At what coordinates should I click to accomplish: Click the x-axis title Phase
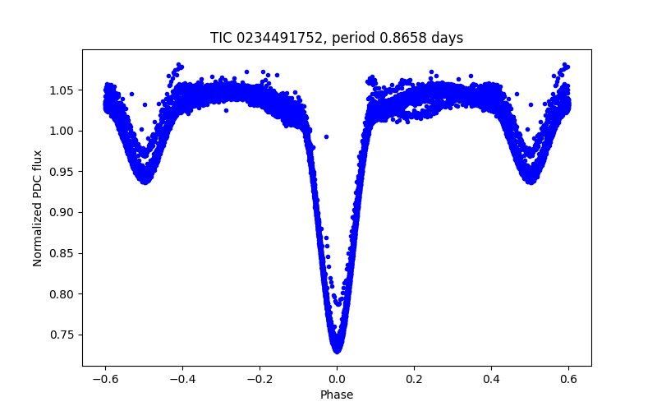point(337,395)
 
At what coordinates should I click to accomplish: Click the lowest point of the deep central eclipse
point(337,350)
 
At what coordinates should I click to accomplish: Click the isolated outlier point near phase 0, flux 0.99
point(326,136)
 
